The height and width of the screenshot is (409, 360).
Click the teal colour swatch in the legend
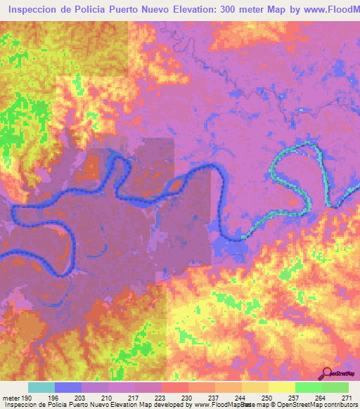tap(41, 388)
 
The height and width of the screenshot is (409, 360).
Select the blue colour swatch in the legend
tap(68, 388)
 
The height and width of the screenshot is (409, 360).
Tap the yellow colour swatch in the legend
tap(281, 388)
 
